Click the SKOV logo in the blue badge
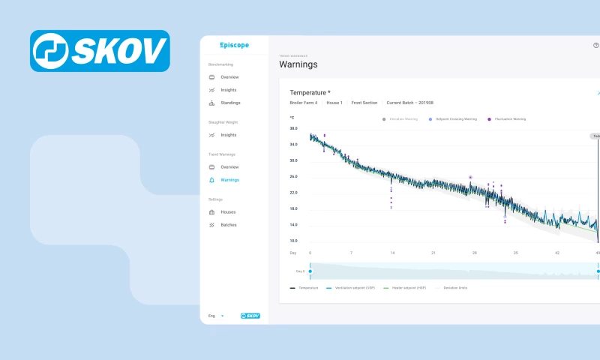(100, 51)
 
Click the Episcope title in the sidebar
(234, 45)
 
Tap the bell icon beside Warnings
(212, 180)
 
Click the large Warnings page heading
(298, 64)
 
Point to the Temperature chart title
(310, 92)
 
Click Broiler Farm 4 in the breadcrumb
(304, 103)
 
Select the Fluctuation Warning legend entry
(508, 118)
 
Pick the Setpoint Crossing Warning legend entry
(455, 118)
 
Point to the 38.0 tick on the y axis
(293, 128)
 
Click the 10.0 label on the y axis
(293, 241)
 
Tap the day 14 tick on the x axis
(392, 253)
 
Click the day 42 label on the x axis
(556, 253)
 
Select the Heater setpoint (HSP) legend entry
(406, 287)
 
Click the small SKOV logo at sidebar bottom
(250, 316)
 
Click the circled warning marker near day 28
(470, 178)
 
